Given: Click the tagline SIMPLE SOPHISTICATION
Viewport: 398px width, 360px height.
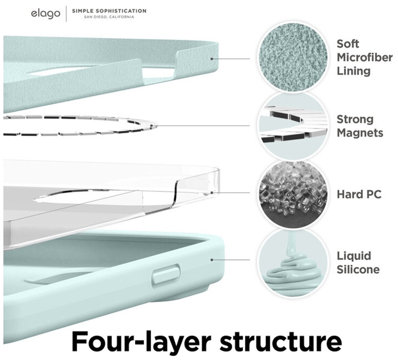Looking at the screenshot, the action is pyautogui.click(x=109, y=11).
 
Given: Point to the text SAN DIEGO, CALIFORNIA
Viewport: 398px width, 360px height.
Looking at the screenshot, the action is pyautogui.click(x=109, y=17).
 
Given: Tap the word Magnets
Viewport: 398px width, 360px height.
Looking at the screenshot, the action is pyautogui.click(x=360, y=132).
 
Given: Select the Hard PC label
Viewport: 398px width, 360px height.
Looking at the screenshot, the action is pyautogui.click(x=359, y=194).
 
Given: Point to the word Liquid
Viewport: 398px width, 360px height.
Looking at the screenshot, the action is pyautogui.click(x=354, y=256).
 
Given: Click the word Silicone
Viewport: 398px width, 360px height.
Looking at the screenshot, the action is pyautogui.click(x=358, y=270).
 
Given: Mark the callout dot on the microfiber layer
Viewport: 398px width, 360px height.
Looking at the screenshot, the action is pyautogui.click(x=212, y=59).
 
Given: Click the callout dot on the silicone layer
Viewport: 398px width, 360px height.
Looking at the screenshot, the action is pyautogui.click(x=212, y=260).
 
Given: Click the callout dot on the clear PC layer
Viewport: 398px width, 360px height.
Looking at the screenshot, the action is pyautogui.click(x=212, y=193).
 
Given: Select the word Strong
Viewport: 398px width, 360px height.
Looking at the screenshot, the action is pyautogui.click(x=355, y=119).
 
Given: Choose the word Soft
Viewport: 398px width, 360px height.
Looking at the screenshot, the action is pyautogui.click(x=348, y=44).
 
